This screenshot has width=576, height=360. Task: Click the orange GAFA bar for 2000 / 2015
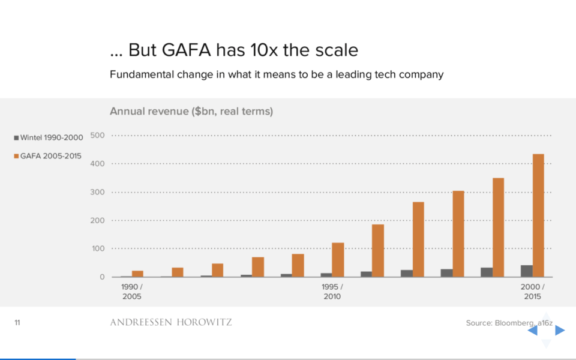click(x=538, y=215)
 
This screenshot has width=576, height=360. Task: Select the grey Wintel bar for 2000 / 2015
click(x=526, y=271)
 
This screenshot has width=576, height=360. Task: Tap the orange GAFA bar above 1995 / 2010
click(x=338, y=260)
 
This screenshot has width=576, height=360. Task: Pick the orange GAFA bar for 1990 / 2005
click(x=137, y=274)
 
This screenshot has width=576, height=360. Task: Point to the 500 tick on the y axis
click(x=97, y=135)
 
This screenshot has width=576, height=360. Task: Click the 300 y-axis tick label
click(x=97, y=192)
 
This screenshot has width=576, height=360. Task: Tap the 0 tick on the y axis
click(x=102, y=277)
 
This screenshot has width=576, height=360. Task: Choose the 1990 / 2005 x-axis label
click(x=131, y=292)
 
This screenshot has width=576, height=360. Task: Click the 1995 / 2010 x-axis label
click(x=332, y=292)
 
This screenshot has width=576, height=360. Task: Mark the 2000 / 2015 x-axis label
click(x=532, y=292)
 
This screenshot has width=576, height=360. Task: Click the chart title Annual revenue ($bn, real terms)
click(x=191, y=111)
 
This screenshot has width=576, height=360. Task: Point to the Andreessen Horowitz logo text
click(x=170, y=323)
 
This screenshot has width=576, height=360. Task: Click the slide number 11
click(x=17, y=323)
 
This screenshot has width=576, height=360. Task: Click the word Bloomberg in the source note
click(x=514, y=323)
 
